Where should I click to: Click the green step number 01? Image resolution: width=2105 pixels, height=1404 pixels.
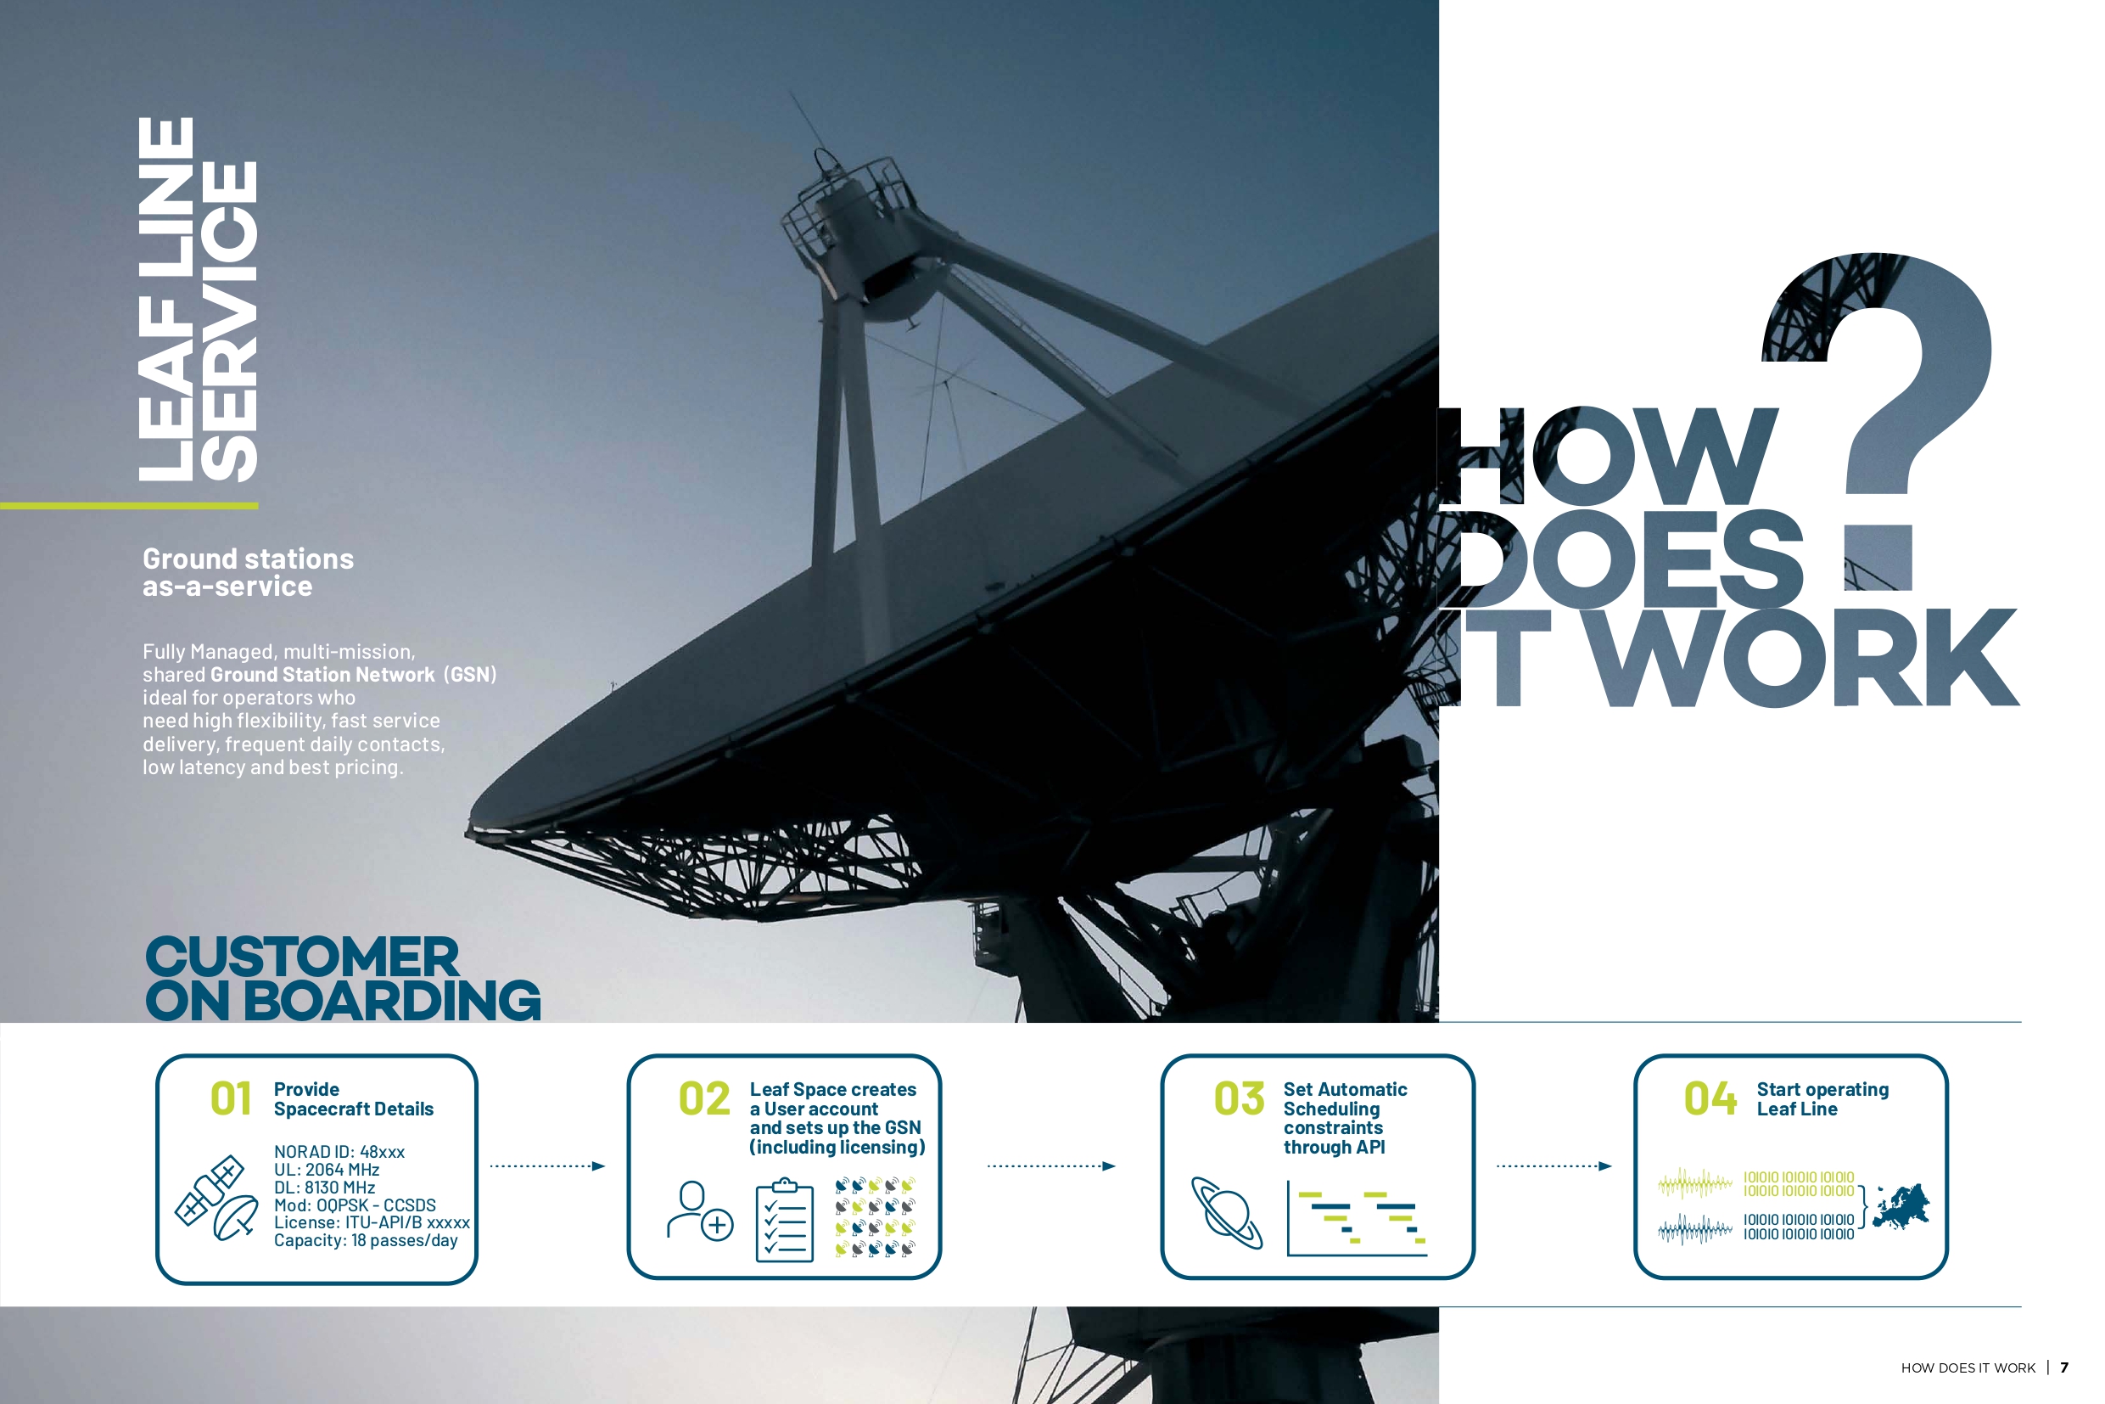tap(231, 1098)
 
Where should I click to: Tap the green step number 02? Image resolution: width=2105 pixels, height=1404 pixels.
tap(704, 1098)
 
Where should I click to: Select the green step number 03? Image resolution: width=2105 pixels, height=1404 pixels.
tap(1239, 1098)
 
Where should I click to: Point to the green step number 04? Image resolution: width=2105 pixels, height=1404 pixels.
tap(1710, 1098)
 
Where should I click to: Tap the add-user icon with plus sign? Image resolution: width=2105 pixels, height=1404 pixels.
tap(700, 1210)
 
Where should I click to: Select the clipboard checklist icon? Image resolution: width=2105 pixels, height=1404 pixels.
tap(785, 1220)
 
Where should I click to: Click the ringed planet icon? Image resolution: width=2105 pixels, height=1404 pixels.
tap(1227, 1212)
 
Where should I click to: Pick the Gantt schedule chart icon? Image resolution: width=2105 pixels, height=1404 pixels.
tap(1357, 1219)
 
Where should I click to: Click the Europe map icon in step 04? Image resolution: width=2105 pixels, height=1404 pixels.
tap(1901, 1206)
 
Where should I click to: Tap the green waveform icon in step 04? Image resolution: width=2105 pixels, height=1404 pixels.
tap(1695, 1184)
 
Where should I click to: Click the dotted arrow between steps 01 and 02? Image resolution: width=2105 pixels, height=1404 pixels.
tap(548, 1165)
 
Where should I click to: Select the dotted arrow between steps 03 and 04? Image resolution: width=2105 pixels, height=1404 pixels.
tap(1554, 1165)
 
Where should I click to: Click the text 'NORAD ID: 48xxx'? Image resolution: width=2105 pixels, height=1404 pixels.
tap(339, 1152)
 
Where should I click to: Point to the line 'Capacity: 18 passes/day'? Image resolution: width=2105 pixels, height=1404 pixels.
tap(366, 1240)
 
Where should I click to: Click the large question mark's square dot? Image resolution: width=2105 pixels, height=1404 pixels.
tap(1878, 558)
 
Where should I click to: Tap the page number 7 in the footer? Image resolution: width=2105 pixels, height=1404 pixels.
tap(2065, 1367)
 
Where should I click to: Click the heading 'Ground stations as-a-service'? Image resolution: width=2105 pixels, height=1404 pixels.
tap(248, 572)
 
